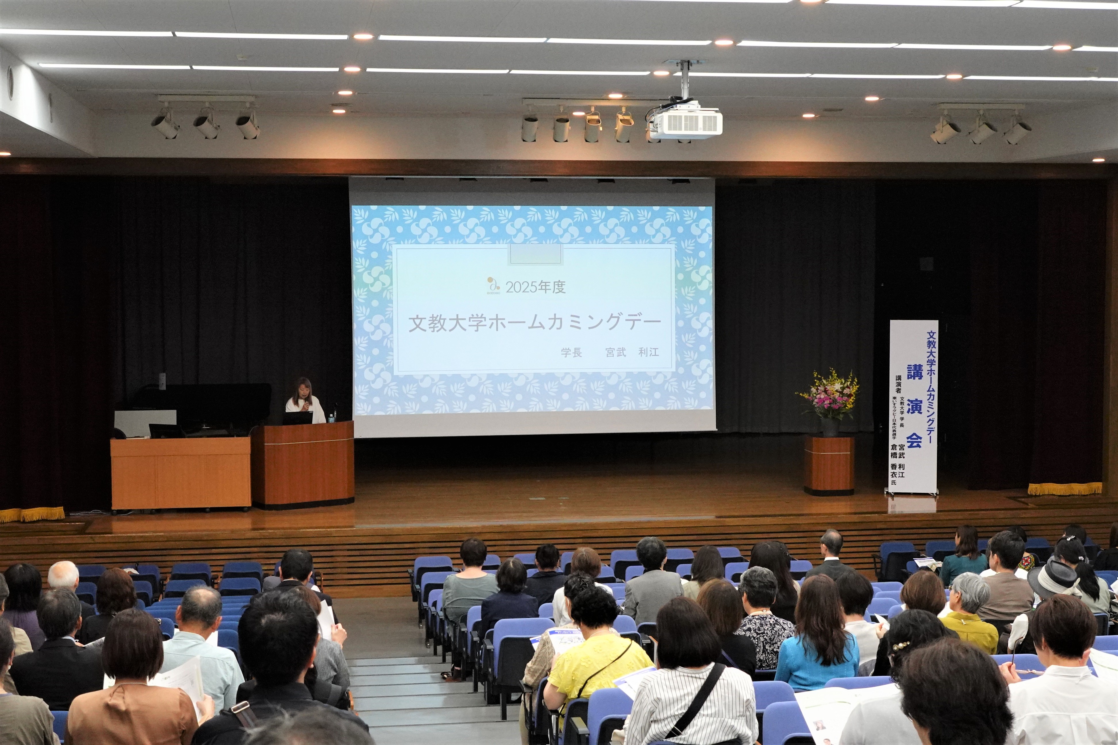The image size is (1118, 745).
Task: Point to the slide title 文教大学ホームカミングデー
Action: pos(535,323)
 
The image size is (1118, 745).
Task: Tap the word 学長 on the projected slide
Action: pos(571,352)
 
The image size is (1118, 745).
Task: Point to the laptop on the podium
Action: pos(298,418)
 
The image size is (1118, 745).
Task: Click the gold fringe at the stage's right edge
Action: pos(1065,488)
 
